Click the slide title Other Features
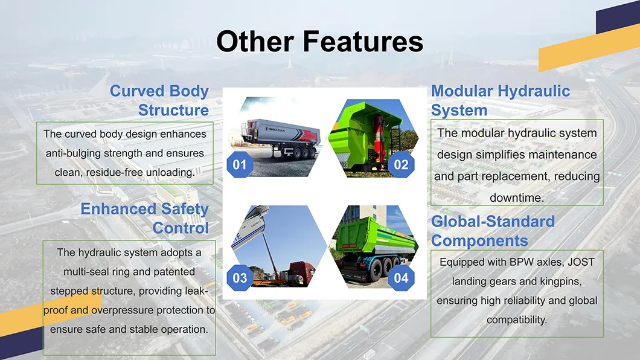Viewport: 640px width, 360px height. pyautogui.click(x=319, y=42)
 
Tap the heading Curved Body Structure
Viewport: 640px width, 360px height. pyautogui.click(x=159, y=100)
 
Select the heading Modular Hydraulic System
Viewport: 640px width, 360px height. pyautogui.click(x=500, y=100)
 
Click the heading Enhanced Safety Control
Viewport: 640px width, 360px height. pyautogui.click(x=145, y=218)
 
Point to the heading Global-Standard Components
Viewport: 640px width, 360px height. pyautogui.click(x=493, y=231)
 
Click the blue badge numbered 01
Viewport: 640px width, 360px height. pyautogui.click(x=240, y=164)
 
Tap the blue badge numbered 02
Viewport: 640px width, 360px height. pyautogui.click(x=401, y=164)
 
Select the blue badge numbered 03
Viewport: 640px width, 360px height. pyautogui.click(x=240, y=278)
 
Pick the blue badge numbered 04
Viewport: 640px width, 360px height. pyautogui.click(x=401, y=278)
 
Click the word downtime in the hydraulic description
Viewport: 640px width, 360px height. pyautogui.click(x=517, y=198)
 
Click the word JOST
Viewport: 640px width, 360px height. pyautogui.click(x=580, y=262)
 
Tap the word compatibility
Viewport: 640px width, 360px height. pyautogui.click(x=517, y=320)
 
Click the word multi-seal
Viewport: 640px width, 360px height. pyautogui.click(x=86, y=271)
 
